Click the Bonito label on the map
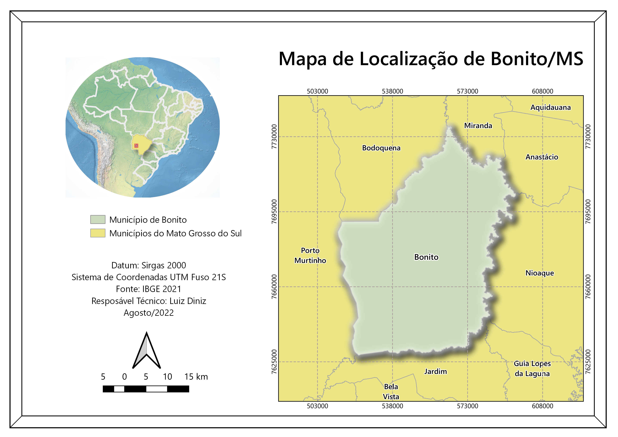426,257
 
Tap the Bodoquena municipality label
381,148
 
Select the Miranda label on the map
478,126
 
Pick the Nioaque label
540,273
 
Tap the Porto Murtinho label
310,256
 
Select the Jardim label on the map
435,372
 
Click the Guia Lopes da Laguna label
532,369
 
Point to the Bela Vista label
391,392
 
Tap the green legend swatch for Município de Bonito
98,220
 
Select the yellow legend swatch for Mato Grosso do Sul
98,233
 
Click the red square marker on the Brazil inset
136,146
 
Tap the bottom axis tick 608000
542,406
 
